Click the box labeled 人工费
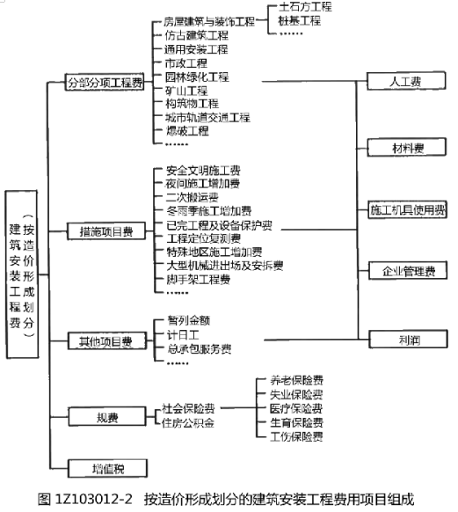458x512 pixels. pos(406,81)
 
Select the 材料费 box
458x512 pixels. pos(406,148)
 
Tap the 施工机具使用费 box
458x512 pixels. pos(407,209)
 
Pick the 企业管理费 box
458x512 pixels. pos(408,270)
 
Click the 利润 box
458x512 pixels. pos(408,339)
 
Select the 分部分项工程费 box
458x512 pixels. pos(105,82)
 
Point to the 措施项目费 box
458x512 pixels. pos(106,231)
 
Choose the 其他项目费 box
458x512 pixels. pos(107,341)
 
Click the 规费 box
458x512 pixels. pos(107,416)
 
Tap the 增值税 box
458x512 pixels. pos(107,468)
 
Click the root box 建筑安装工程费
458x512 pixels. pos(22,274)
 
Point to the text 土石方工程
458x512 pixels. pos(305,7)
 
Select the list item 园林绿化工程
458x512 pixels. pos(197,77)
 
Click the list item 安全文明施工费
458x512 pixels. pos(203,171)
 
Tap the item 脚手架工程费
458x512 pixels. pos(199,280)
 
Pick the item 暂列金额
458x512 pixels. pos(188,320)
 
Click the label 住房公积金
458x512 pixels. pos(188,423)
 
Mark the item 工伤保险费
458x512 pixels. pos(296,436)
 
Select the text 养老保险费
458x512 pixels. pos(297,380)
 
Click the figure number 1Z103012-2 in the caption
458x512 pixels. pos(94,500)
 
